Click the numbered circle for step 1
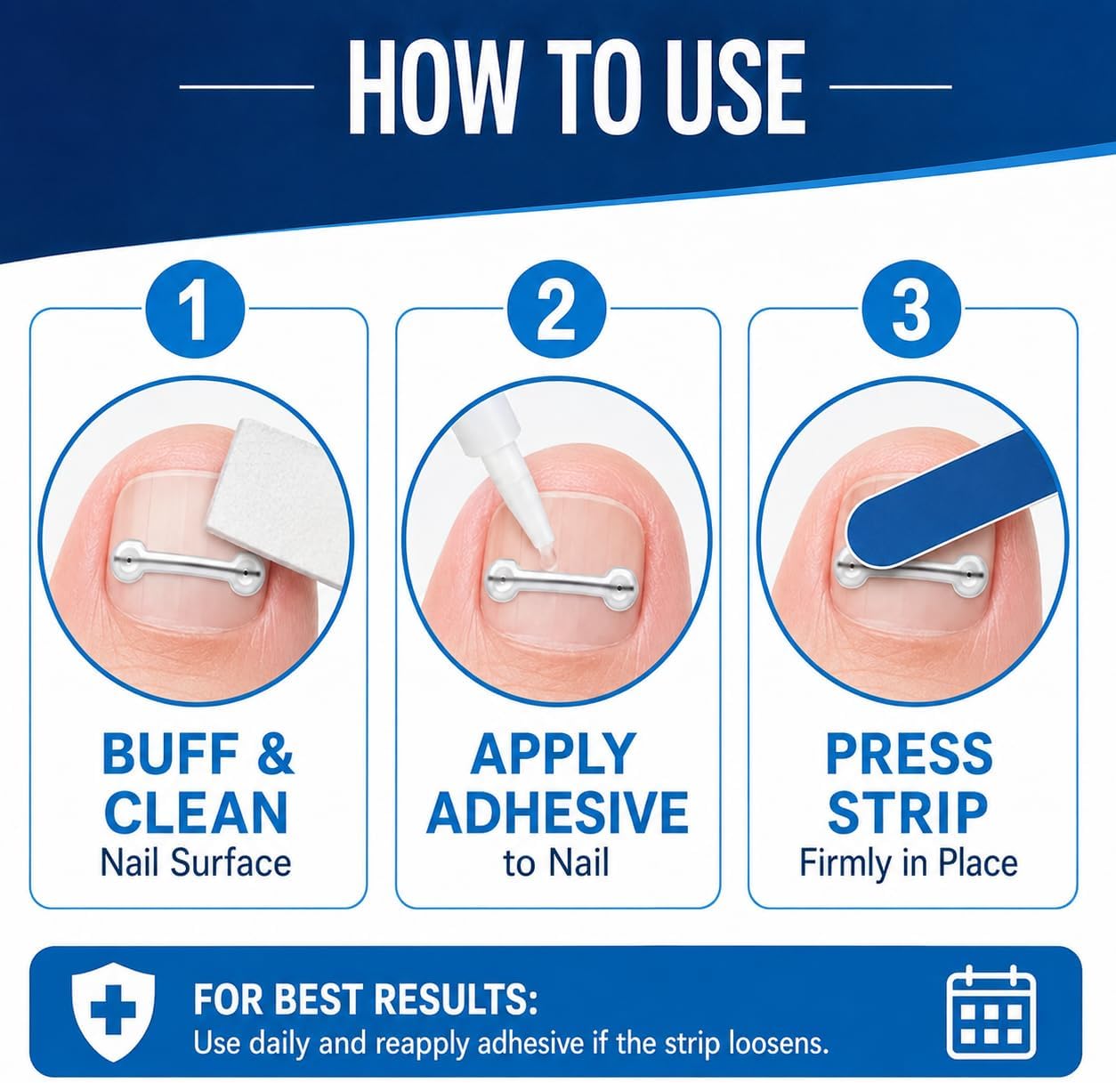[196, 310]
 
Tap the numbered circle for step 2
[556, 310]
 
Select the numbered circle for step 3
[912, 310]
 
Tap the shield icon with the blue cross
[113, 1014]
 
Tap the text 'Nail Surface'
[196, 863]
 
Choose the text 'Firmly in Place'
[909, 865]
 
